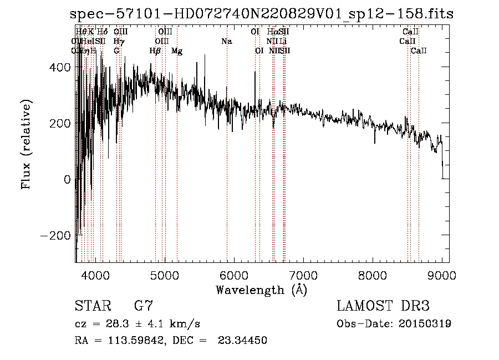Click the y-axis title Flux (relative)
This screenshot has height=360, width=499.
[x=26, y=144]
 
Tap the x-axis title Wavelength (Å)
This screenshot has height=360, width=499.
[x=261, y=290]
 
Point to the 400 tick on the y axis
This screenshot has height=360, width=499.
[x=59, y=67]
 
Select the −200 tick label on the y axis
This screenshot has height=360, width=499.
[x=54, y=235]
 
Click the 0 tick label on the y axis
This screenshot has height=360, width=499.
[x=67, y=179]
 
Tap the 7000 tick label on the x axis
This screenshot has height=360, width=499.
[x=303, y=275]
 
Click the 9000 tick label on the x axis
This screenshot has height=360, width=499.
[x=441, y=275]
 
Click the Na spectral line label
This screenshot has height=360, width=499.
[x=226, y=41]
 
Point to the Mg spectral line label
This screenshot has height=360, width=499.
[x=177, y=51]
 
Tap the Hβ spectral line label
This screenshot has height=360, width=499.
[x=155, y=51]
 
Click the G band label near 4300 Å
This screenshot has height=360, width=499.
[x=117, y=51]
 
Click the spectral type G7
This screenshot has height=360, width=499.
[x=144, y=306]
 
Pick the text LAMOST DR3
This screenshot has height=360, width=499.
[x=383, y=306]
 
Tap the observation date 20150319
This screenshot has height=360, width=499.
[x=425, y=323]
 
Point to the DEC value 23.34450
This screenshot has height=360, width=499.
[x=242, y=340]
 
